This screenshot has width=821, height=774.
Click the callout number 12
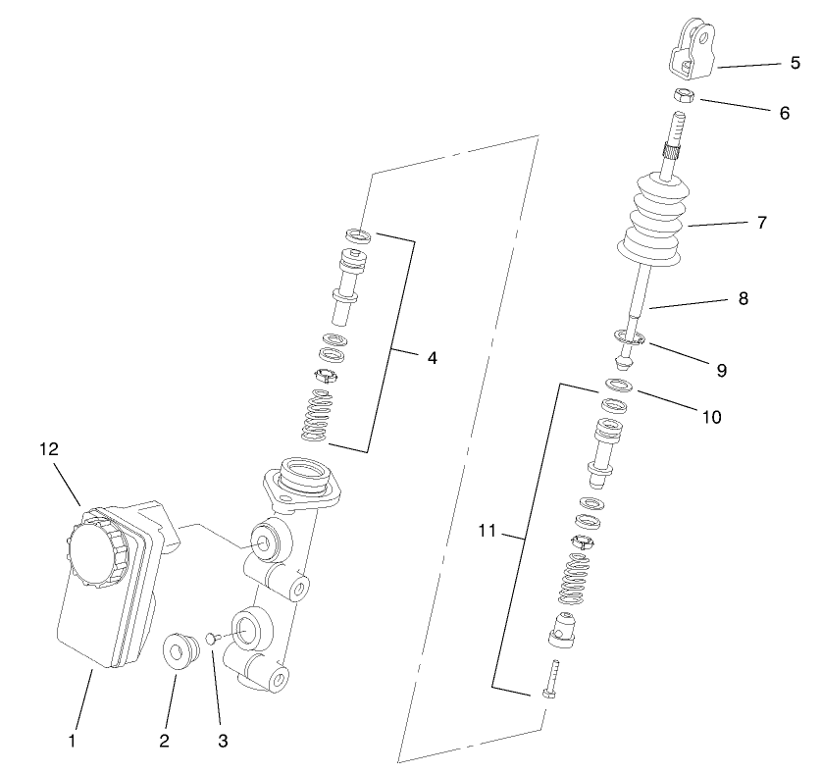click(x=49, y=448)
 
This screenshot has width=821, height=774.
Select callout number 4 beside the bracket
click(x=432, y=358)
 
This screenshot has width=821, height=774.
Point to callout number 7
click(x=761, y=223)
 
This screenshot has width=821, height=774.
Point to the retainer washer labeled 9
click(x=627, y=338)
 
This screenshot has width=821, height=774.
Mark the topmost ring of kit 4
click(x=357, y=234)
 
